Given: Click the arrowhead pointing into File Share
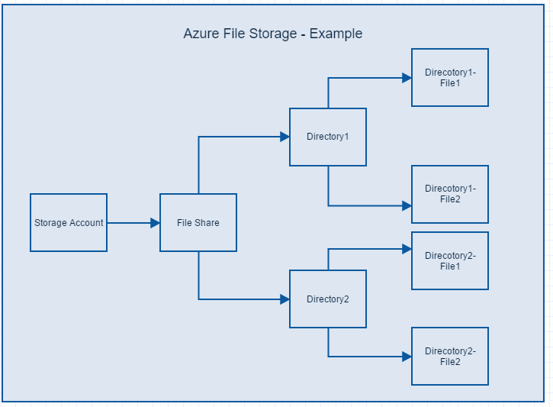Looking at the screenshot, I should click(155, 223).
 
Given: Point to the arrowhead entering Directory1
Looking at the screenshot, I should click(285, 137).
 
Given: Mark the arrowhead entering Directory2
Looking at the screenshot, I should click(285, 299).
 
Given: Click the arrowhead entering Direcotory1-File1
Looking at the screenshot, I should click(407, 78).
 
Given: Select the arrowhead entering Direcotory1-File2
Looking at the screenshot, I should click(407, 205).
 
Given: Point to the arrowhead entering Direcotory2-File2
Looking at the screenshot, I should click(407, 357).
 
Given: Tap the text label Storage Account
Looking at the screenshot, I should click(69, 223).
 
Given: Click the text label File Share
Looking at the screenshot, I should click(198, 223).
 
